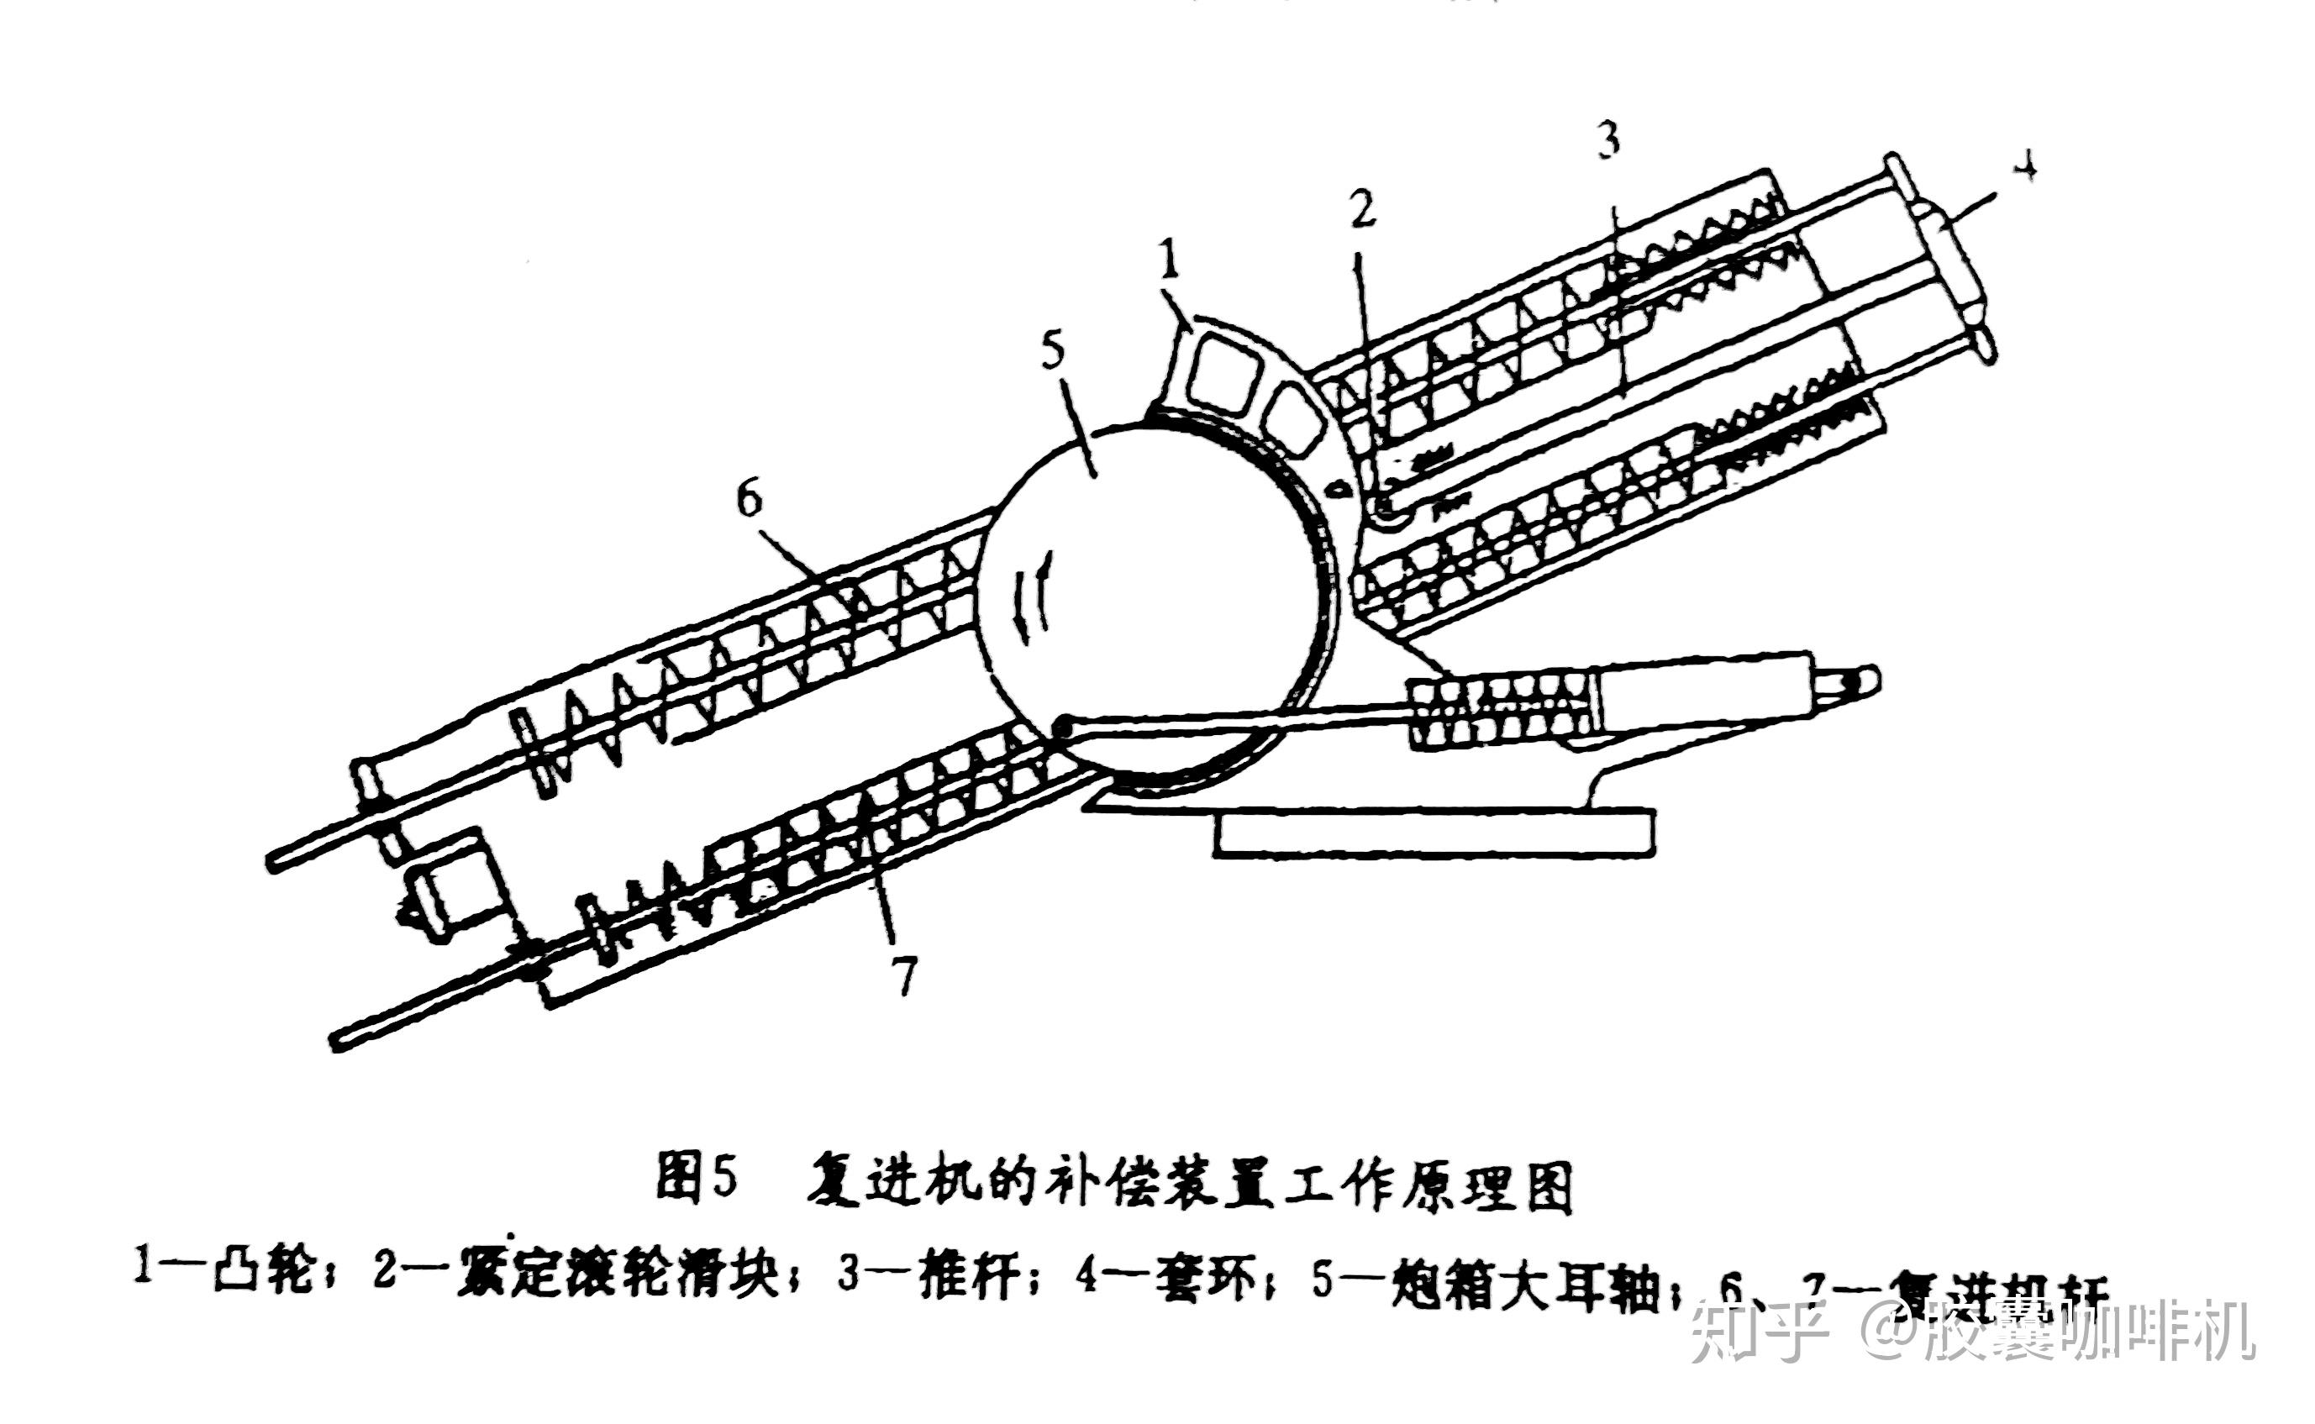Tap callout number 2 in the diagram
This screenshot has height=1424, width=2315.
tap(1363, 210)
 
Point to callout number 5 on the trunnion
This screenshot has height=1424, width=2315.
tap(1052, 349)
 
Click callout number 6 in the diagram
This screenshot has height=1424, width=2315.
tap(749, 498)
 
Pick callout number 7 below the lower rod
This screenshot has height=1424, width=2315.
tap(904, 974)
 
